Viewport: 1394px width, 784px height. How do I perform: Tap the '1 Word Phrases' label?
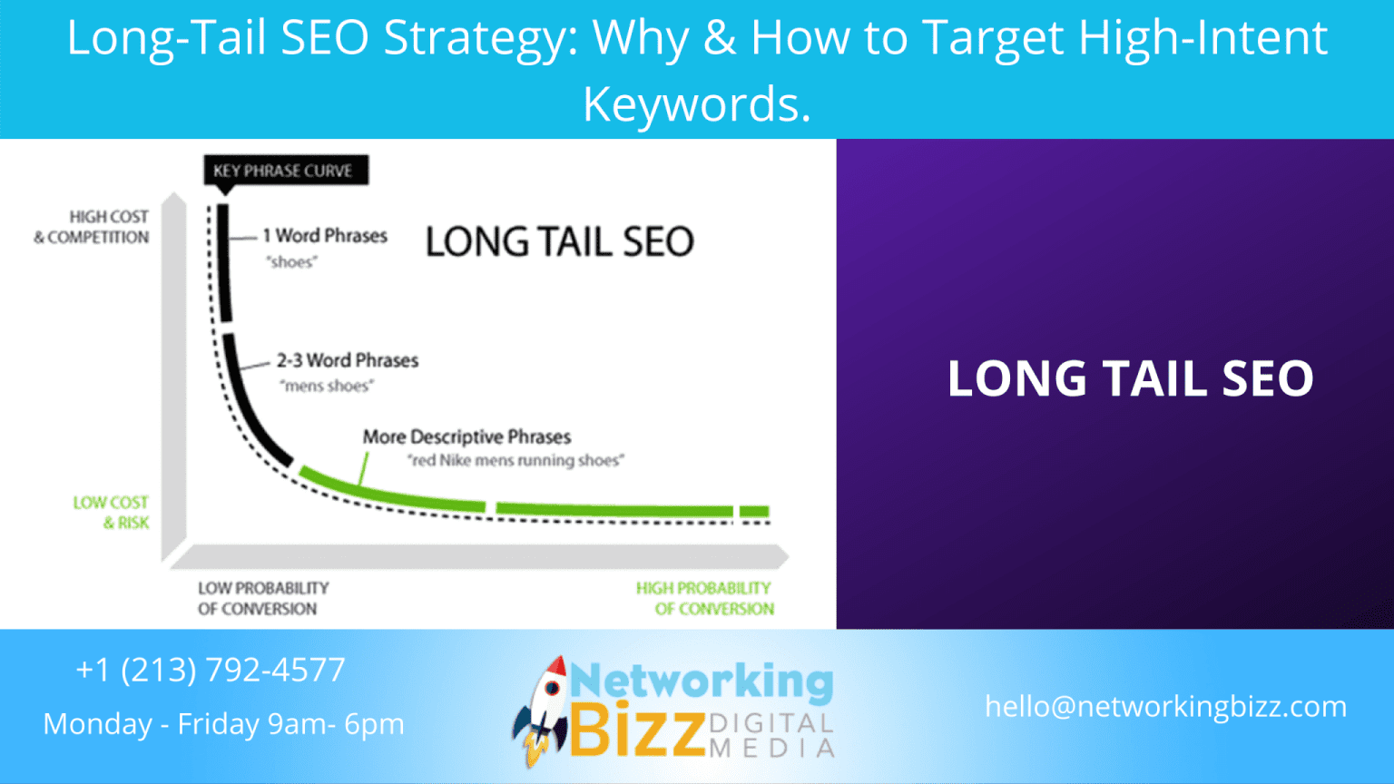click(x=325, y=236)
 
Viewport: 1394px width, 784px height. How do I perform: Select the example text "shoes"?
click(x=291, y=262)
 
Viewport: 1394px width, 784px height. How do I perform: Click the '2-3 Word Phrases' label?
click(x=348, y=360)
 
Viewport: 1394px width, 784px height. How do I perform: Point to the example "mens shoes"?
click(x=327, y=387)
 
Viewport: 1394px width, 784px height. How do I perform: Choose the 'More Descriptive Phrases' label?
click(x=466, y=437)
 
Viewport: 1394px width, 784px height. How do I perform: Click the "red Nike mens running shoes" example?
click(x=515, y=461)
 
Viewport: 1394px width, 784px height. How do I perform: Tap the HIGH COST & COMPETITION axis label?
click(x=93, y=227)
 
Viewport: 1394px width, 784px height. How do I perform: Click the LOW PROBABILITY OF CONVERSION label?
click(x=262, y=599)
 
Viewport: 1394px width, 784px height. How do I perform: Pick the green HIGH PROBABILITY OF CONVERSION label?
click(x=705, y=599)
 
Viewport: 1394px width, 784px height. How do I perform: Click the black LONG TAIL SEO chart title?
click(x=559, y=242)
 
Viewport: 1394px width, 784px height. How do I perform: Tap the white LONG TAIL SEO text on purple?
click(x=1130, y=379)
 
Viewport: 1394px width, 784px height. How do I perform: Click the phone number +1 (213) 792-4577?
click(x=211, y=671)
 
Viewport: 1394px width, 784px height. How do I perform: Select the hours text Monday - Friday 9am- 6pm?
click(x=223, y=724)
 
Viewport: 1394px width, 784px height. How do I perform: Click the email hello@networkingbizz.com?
click(x=1165, y=707)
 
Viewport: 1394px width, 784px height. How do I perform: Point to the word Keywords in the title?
click(x=696, y=104)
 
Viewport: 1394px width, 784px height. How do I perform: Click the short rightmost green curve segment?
click(x=754, y=512)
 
